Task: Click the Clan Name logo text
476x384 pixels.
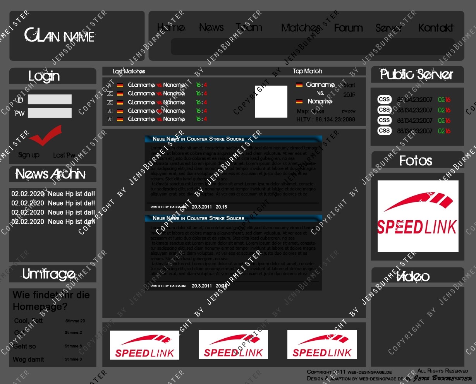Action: [60, 36]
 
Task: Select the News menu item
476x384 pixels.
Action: [211, 27]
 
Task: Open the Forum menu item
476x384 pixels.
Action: [348, 28]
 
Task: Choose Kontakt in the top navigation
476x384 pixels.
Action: [435, 28]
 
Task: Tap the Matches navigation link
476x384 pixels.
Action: [301, 28]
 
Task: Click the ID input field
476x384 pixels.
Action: [50, 99]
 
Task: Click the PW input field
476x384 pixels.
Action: [50, 113]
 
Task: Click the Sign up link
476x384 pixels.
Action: [29, 155]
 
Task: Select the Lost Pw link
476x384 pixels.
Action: [64, 155]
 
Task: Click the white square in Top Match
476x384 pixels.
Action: [271, 101]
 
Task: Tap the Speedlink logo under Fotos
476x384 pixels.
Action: [418, 216]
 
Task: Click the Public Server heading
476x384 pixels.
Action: [417, 74]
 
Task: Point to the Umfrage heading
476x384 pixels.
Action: [49, 274]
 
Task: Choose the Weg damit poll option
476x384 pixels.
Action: [28, 360]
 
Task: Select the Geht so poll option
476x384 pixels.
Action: [24, 346]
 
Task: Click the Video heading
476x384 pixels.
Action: [413, 276]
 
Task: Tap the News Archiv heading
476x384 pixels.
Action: [50, 174]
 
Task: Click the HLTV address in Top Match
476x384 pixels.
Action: [325, 119]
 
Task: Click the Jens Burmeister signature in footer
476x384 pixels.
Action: [443, 378]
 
